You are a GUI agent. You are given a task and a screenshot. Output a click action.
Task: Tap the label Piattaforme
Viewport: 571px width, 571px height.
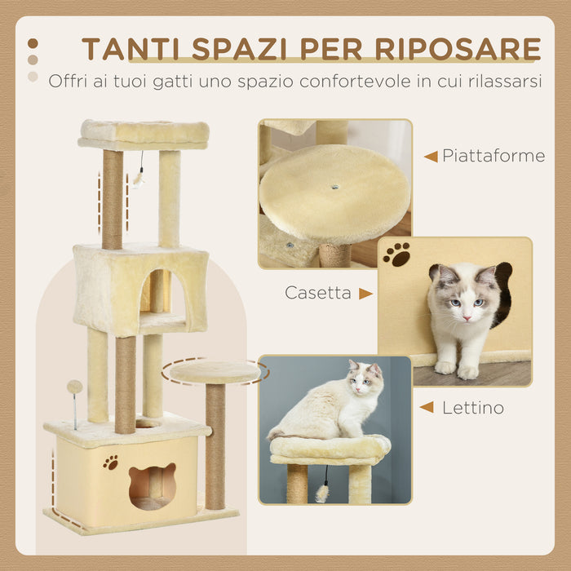click(x=494, y=156)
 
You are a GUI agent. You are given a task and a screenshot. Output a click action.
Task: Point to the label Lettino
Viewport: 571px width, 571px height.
click(x=472, y=407)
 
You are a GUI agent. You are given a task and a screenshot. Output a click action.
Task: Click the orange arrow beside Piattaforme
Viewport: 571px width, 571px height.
click(x=430, y=156)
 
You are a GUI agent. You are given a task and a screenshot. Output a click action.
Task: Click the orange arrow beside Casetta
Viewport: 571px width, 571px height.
click(x=365, y=293)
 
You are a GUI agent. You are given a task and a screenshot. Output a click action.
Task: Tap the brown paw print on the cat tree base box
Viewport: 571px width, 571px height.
click(x=110, y=463)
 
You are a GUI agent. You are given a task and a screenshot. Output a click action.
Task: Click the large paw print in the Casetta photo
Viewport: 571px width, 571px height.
click(x=397, y=255)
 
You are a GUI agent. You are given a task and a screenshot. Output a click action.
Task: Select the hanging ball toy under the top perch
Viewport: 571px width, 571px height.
click(x=139, y=177)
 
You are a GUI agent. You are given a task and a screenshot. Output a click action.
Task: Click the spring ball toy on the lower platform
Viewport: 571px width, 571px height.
click(x=74, y=387)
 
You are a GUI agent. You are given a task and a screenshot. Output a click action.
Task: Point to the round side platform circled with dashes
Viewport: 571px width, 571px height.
click(x=215, y=371)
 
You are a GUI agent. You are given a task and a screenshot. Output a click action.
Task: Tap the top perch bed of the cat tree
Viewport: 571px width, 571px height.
click(x=144, y=132)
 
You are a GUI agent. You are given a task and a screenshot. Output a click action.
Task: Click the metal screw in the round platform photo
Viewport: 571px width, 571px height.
click(x=335, y=187)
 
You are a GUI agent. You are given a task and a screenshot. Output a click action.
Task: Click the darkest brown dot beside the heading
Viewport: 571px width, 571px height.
click(x=33, y=44)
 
